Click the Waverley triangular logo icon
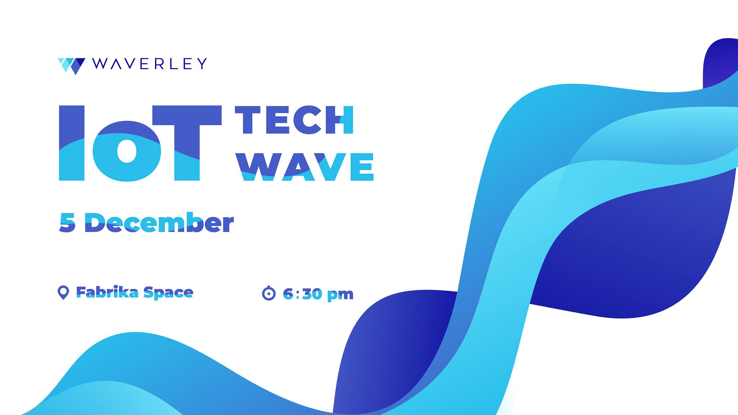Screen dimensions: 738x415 [71, 66]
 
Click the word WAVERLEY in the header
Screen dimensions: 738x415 [150, 64]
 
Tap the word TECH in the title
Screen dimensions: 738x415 [294, 120]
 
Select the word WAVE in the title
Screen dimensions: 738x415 [305, 167]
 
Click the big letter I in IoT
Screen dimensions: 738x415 [72, 143]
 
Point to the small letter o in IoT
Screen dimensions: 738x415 [127, 151]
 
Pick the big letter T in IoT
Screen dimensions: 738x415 [187, 143]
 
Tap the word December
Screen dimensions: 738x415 [159, 223]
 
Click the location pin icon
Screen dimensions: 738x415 [63, 293]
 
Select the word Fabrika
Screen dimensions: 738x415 [107, 292]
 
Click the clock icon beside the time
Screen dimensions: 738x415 [268, 293]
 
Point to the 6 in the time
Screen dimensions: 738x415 [288, 294]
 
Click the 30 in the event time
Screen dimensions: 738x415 [312, 294]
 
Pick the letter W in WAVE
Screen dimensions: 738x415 [258, 167]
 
